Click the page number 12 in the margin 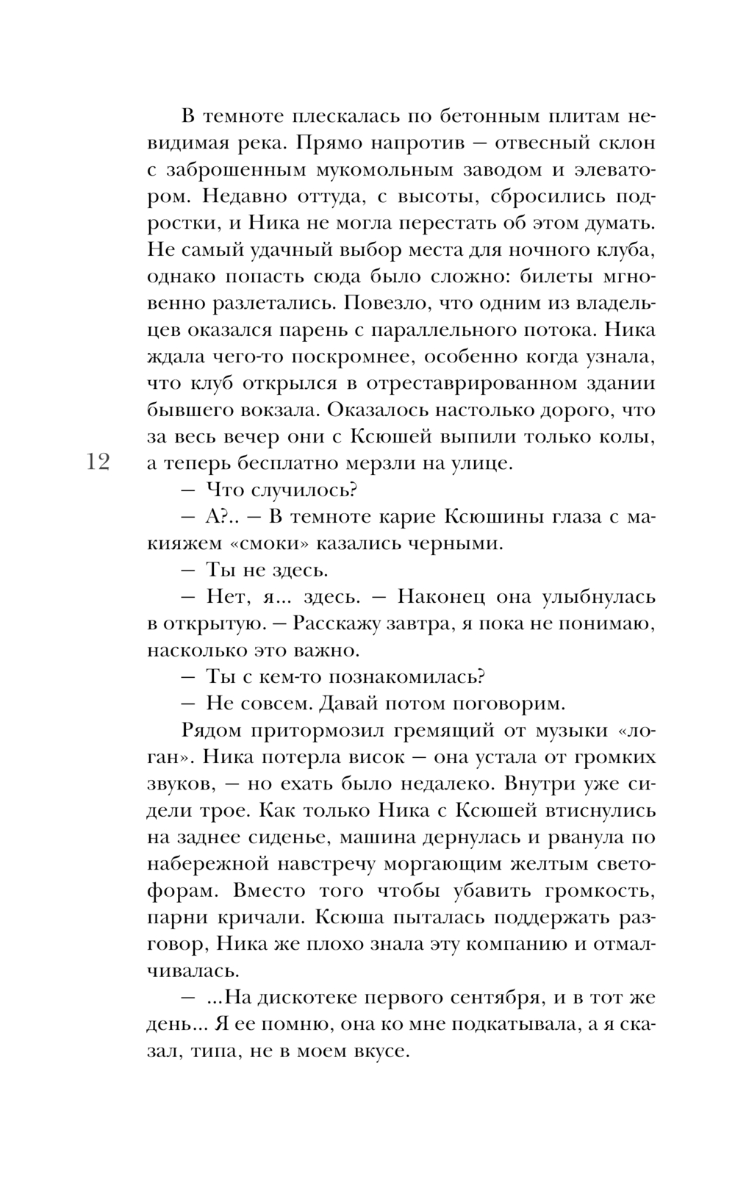tap(98, 462)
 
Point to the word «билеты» tap(552, 276)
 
